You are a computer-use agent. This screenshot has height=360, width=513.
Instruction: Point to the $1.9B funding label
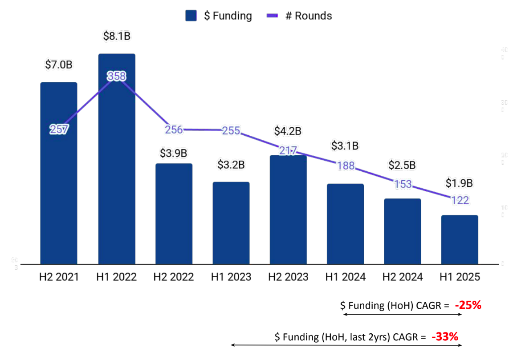pyautogui.click(x=459, y=183)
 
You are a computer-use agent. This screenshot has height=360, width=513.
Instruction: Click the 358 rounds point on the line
pyautogui.click(x=117, y=77)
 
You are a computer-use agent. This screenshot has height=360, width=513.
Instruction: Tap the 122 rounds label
pyautogui.click(x=460, y=200)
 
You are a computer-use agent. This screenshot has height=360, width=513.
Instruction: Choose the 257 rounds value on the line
pyautogui.click(x=59, y=129)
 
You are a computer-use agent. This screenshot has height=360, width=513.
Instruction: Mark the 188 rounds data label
pyautogui.click(x=346, y=166)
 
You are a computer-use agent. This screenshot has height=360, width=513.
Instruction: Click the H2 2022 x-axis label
pyautogui.click(x=174, y=277)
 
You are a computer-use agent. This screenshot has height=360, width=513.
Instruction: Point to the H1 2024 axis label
pyautogui.click(x=346, y=277)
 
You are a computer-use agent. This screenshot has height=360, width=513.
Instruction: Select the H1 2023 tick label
pyautogui.click(x=231, y=277)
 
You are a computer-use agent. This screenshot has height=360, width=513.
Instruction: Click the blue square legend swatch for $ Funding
pyautogui.click(x=191, y=16)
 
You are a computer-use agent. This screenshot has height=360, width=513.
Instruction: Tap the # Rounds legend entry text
pyautogui.click(x=308, y=16)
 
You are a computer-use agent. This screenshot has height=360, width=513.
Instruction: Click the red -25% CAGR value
pyautogui.click(x=468, y=305)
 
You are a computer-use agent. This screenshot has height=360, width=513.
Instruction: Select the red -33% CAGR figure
pyautogui.click(x=445, y=336)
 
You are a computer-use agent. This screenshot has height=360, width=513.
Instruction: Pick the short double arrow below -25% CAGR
pyautogui.click(x=403, y=314)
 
